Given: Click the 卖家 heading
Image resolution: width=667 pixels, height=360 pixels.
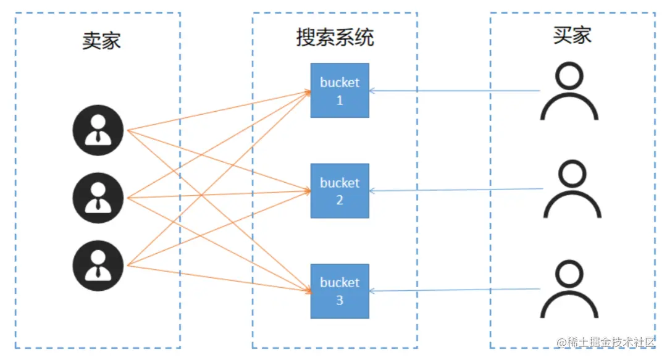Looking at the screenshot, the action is click(x=101, y=41).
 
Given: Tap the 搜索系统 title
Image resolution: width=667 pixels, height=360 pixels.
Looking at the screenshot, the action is click(x=335, y=37).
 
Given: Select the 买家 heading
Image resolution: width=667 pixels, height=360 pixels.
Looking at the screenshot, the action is click(x=572, y=35).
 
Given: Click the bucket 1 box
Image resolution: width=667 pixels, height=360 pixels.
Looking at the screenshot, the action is click(x=340, y=91).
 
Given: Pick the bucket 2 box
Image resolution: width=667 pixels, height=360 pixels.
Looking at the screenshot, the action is click(x=340, y=191).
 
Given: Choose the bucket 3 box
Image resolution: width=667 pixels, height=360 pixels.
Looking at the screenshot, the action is click(x=340, y=291).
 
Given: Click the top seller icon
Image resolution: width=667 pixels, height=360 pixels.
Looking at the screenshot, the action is click(x=98, y=130).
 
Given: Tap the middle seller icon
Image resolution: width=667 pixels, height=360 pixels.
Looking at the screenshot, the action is click(x=98, y=198).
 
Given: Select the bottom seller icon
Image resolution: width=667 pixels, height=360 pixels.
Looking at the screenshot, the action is click(x=98, y=266).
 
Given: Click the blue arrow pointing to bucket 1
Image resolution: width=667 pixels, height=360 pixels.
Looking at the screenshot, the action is click(x=455, y=91).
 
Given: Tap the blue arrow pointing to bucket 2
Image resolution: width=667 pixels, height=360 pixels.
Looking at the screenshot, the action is click(x=456, y=190).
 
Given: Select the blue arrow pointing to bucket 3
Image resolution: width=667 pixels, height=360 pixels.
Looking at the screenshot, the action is click(x=455, y=290).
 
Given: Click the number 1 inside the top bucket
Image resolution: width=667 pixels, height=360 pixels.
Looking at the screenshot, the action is click(x=340, y=101).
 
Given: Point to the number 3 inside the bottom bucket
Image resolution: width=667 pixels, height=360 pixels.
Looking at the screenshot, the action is click(x=340, y=301).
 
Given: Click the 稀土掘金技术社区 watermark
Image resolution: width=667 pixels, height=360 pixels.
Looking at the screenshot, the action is click(x=606, y=341).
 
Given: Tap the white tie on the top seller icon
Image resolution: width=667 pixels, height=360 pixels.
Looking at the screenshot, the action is click(x=98, y=136).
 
